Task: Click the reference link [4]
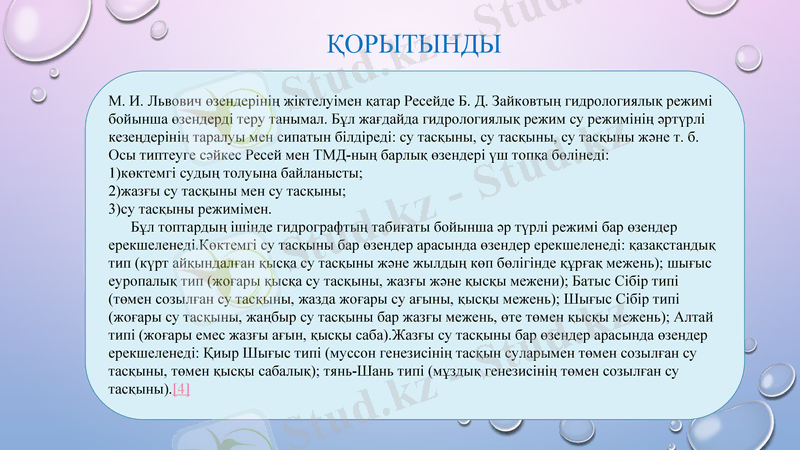(x=181, y=389)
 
